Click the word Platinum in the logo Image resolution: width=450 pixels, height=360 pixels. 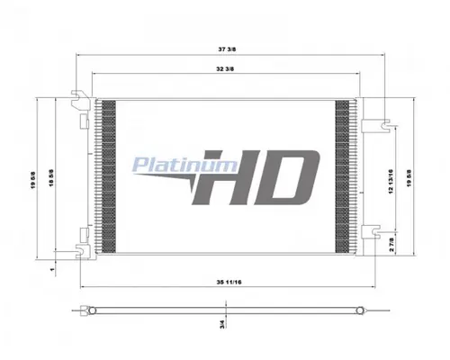coord(171,164)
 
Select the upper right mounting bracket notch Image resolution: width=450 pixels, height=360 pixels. coord(382,121)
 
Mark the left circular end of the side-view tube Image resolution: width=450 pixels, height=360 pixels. coord(86,311)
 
